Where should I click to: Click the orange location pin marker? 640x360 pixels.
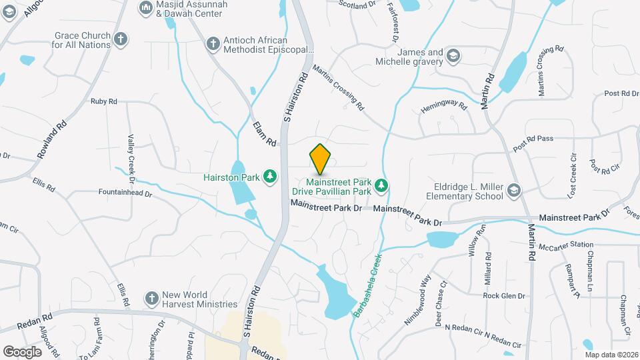click(320, 159)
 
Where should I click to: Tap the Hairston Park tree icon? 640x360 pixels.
click(270, 177)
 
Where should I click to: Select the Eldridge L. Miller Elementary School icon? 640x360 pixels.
click(513, 191)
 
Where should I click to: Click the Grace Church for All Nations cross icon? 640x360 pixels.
click(120, 39)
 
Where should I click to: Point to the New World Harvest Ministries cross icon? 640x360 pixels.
click(152, 297)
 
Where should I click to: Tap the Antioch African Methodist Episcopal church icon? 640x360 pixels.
click(213, 44)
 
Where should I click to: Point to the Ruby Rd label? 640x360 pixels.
click(103, 101)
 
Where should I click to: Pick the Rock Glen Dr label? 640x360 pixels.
click(504, 295)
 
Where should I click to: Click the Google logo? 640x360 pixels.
click(23, 351)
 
